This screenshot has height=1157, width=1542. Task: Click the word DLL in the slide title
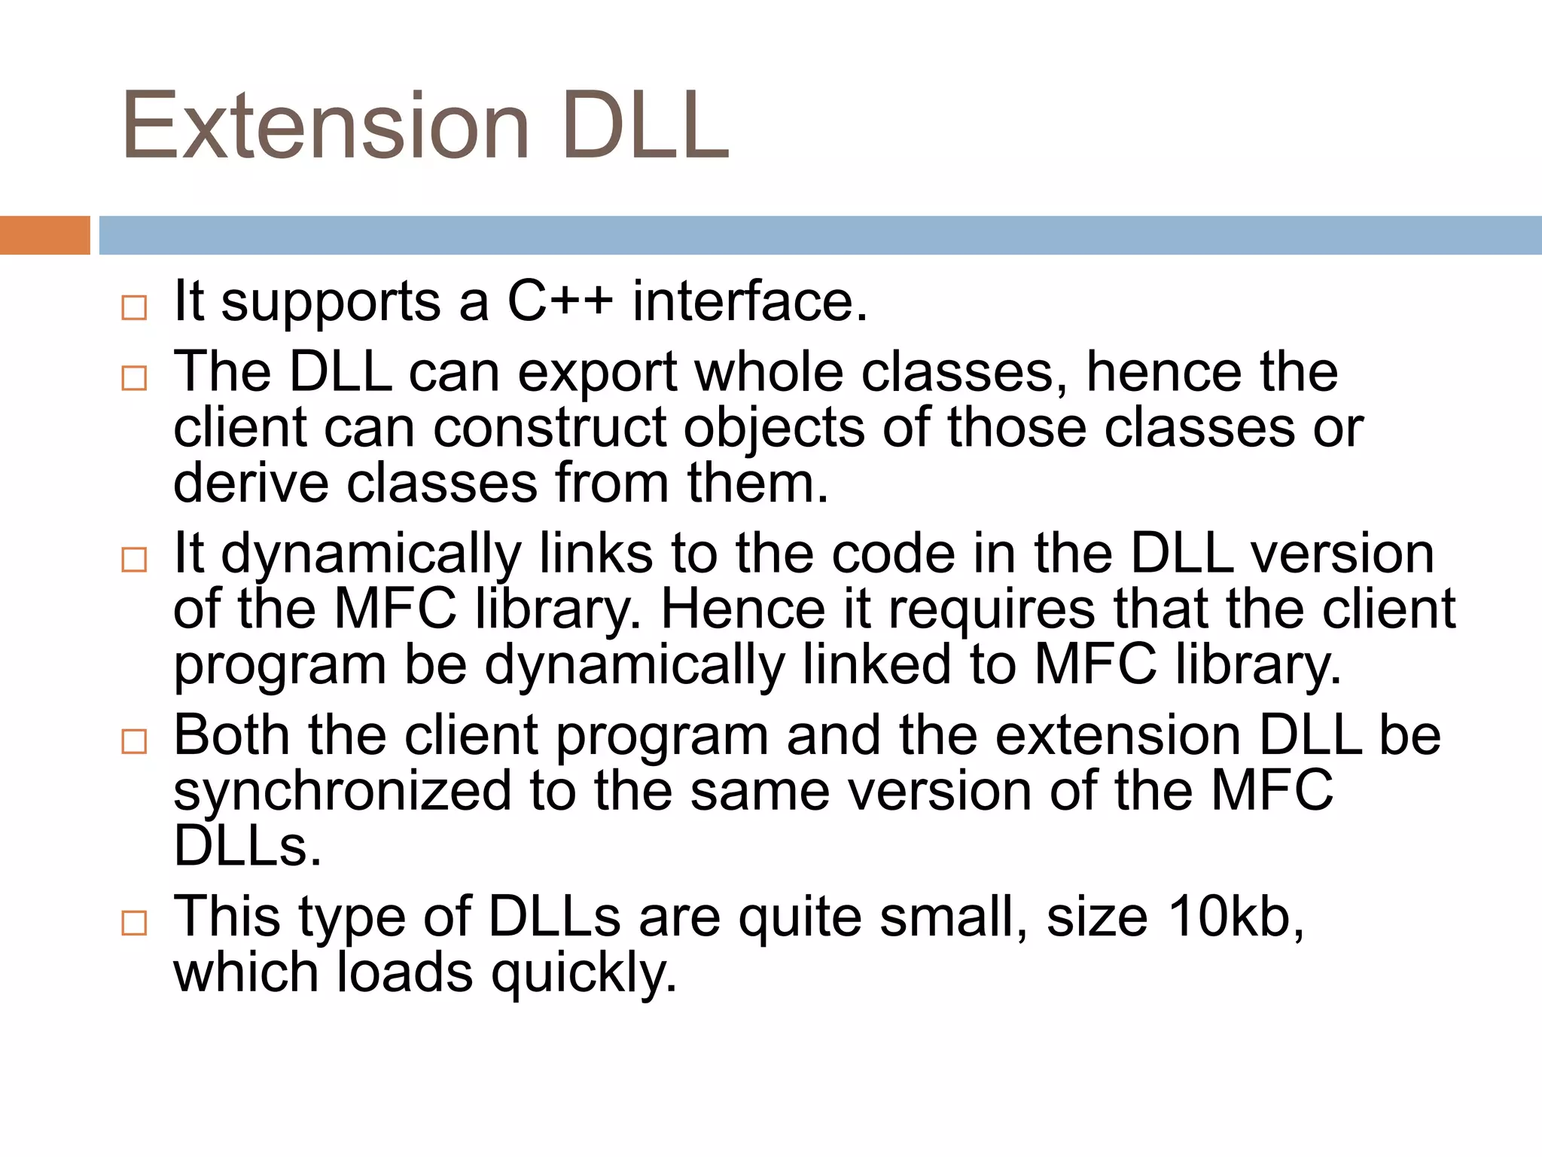(645, 126)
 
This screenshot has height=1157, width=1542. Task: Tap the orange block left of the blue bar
(44, 235)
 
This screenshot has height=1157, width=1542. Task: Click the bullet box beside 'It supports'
(134, 307)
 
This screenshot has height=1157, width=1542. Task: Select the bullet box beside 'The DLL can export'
(134, 378)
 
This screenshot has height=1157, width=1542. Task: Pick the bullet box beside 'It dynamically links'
(134, 560)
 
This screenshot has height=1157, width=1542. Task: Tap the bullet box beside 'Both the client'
(134, 741)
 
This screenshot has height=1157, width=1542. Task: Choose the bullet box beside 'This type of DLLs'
(134, 923)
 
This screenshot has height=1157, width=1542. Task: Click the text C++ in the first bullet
(560, 301)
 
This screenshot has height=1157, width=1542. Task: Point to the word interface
(750, 301)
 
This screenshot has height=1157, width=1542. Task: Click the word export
(598, 374)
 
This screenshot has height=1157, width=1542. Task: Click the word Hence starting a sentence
(742, 609)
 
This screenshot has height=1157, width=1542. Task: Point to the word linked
(876, 664)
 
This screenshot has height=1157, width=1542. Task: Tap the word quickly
(584, 973)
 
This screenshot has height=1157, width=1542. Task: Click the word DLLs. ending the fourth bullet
(248, 846)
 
